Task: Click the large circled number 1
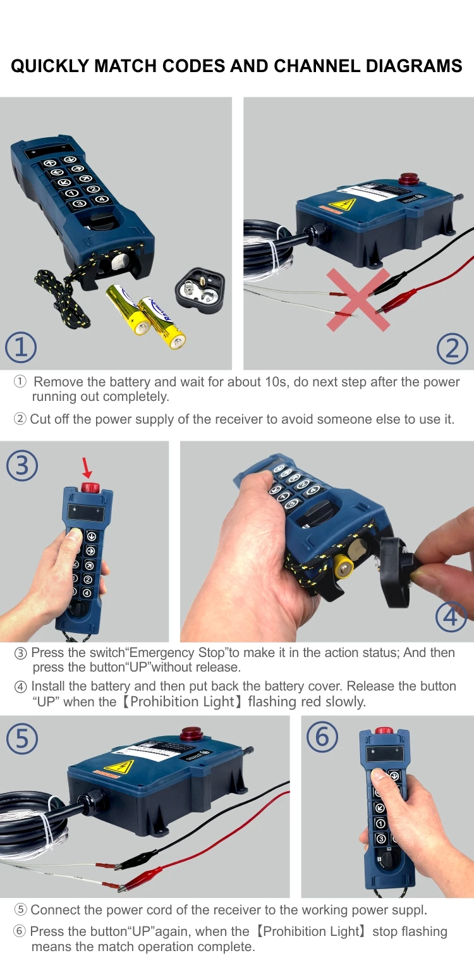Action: coord(21,347)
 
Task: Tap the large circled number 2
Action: coord(453,348)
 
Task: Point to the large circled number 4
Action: coord(451,617)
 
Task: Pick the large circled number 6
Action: coord(322,737)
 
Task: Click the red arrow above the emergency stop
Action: coord(87,468)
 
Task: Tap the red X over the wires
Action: coord(358,300)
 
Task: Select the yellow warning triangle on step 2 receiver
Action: coord(343,204)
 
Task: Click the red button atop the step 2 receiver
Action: coord(409,179)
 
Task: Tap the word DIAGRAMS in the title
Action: coord(414,66)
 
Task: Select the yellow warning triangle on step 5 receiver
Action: coord(119,767)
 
